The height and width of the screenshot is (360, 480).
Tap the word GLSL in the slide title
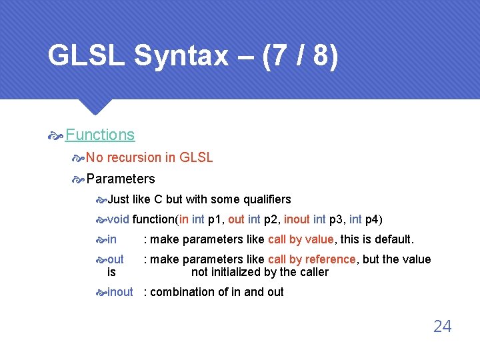(x=86, y=56)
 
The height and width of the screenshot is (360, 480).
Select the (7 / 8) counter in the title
(x=301, y=56)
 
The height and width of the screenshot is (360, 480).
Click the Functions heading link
(x=100, y=135)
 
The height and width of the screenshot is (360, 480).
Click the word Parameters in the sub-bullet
(x=121, y=179)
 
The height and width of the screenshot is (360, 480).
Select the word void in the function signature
(x=118, y=219)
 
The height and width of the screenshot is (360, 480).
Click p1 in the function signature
(x=215, y=219)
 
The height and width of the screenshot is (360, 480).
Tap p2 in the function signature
(x=272, y=219)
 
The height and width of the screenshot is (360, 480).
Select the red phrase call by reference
(x=311, y=259)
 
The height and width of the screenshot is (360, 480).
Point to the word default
(x=394, y=239)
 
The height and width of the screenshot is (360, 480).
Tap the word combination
(x=183, y=292)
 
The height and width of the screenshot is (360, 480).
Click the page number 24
(x=442, y=327)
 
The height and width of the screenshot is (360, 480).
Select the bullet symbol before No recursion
(x=79, y=159)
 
